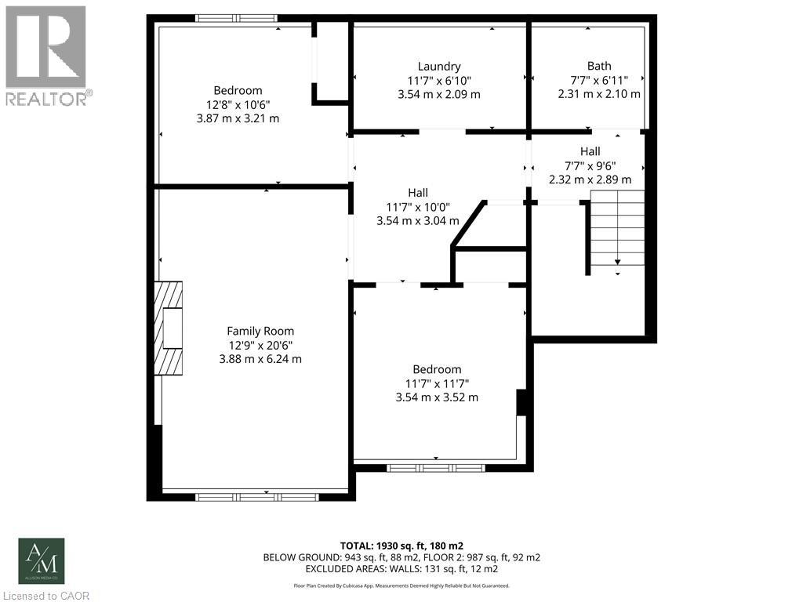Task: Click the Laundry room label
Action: tap(439, 67)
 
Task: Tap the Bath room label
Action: tap(599, 67)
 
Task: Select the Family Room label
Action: tap(260, 332)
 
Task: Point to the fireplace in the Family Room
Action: tap(168, 327)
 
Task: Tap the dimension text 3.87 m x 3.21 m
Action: tap(238, 118)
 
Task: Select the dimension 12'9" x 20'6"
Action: tap(260, 345)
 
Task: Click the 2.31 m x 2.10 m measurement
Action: tap(599, 94)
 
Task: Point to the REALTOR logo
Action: tap(46, 55)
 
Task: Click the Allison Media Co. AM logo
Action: tap(42, 561)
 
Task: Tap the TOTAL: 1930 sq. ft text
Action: tap(401, 545)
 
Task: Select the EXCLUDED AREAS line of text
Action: tap(401, 568)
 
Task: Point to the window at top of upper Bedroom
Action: tap(236, 18)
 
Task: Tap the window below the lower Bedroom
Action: tap(436, 469)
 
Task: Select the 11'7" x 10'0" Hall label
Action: tap(418, 207)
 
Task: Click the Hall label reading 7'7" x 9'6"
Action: tap(590, 165)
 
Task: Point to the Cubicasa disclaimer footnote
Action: tap(401, 586)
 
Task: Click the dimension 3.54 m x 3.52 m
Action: tap(437, 397)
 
